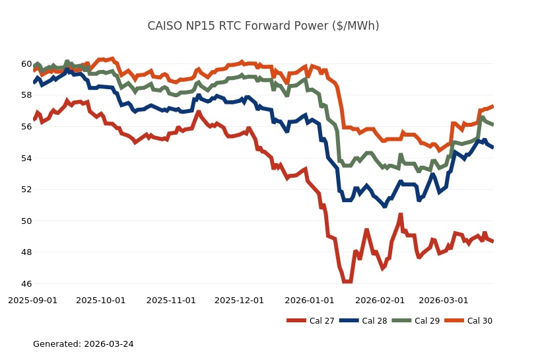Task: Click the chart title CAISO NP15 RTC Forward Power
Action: click(263, 26)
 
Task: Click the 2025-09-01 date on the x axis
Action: click(32, 300)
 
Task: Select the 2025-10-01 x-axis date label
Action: click(100, 300)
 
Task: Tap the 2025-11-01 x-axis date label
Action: click(171, 300)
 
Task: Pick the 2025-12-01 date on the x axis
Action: click(239, 300)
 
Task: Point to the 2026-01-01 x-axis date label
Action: click(310, 300)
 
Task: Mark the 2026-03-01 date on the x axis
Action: click(444, 300)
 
